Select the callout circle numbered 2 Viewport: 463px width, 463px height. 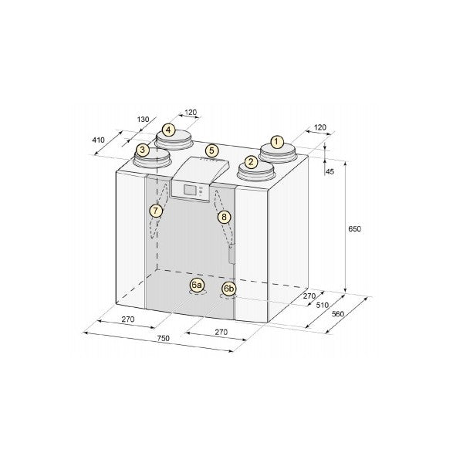click(x=251, y=163)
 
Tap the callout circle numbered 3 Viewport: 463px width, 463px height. click(x=142, y=150)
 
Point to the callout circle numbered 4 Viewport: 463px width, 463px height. click(x=169, y=130)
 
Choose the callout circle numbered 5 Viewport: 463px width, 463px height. click(x=212, y=150)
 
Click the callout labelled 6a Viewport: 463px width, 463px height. click(x=196, y=286)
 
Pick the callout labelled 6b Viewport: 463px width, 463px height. click(x=228, y=289)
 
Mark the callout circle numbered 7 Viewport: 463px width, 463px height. click(x=156, y=210)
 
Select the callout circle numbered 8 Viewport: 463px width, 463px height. click(x=224, y=218)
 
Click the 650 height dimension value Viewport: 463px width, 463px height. click(x=355, y=229)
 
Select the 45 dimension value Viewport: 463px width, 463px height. click(x=330, y=171)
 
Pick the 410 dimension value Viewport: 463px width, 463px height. click(x=98, y=141)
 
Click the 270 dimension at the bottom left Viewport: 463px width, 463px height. click(x=127, y=319)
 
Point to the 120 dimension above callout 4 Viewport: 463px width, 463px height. click(x=191, y=112)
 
